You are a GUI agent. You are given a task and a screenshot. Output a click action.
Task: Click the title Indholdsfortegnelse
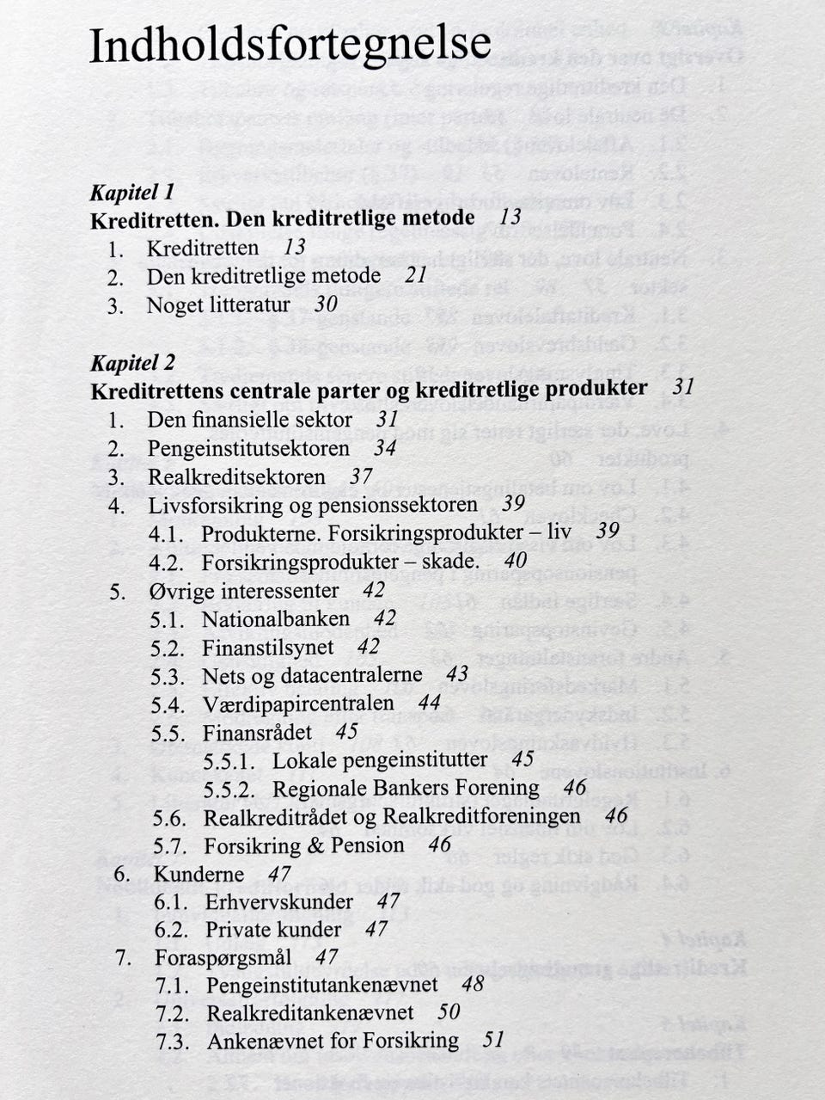click(x=290, y=46)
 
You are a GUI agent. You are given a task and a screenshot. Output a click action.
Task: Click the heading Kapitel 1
click(x=132, y=191)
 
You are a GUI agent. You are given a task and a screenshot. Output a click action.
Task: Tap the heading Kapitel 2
click(x=132, y=362)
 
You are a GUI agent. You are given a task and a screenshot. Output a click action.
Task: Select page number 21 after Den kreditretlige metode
click(x=416, y=275)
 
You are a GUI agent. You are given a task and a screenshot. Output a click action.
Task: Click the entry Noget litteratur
click(x=218, y=304)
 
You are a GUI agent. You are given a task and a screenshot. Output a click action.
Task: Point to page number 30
click(x=326, y=304)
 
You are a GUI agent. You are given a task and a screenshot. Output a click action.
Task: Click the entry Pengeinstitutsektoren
click(x=248, y=448)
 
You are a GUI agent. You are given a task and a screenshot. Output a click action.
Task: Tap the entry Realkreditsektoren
click(x=236, y=476)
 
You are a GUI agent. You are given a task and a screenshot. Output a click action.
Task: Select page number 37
click(x=361, y=476)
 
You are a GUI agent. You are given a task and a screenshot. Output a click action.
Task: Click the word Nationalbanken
click(x=276, y=619)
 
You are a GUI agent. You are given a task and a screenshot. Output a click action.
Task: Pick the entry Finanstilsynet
click(x=266, y=648)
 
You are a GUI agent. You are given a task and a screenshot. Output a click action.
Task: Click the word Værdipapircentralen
click(x=298, y=704)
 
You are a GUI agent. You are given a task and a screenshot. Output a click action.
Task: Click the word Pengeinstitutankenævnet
click(x=322, y=985)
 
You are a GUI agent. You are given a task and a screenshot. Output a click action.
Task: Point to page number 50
click(x=449, y=1012)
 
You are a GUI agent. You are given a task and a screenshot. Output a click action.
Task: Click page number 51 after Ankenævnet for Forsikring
click(x=493, y=1040)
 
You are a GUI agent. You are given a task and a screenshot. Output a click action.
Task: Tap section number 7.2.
click(x=172, y=1013)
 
